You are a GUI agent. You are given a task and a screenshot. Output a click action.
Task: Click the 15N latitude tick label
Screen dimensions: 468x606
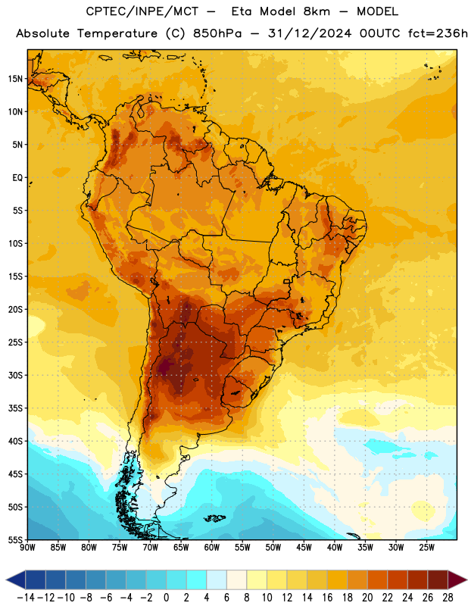(15, 79)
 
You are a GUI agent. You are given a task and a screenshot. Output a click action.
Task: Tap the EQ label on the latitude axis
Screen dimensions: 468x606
(17, 178)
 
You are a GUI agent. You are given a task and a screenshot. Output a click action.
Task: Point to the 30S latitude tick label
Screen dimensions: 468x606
(15, 375)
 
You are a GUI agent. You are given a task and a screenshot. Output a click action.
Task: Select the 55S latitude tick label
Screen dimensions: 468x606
(15, 540)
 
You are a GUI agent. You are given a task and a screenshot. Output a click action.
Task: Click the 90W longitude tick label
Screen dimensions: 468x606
(27, 548)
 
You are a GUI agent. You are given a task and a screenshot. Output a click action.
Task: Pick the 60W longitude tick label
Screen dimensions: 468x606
(212, 548)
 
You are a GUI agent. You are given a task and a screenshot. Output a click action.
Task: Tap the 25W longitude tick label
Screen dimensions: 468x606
(426, 548)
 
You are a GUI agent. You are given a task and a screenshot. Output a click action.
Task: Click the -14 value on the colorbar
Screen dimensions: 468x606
(26, 598)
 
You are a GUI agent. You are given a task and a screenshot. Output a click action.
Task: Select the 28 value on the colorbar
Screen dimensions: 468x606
(448, 598)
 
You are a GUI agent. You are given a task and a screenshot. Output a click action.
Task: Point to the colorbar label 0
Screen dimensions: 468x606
(166, 598)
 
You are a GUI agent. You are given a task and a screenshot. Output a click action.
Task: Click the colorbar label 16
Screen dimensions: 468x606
(327, 598)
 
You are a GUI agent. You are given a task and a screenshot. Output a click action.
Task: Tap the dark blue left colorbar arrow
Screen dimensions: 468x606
(15, 580)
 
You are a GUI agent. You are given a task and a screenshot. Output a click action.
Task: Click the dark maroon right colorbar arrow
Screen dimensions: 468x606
(457, 580)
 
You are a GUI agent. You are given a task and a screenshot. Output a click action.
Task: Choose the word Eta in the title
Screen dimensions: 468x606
(242, 11)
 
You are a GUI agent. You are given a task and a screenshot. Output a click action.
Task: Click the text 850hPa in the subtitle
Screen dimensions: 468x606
(217, 33)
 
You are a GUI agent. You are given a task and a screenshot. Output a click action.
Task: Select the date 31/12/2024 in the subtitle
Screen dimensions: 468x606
(310, 33)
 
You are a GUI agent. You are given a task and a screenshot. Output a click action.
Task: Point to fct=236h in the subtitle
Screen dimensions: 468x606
(438, 33)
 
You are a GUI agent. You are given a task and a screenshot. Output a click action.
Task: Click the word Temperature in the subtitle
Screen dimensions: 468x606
(117, 34)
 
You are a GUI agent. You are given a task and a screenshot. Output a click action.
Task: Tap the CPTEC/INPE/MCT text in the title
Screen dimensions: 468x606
(142, 11)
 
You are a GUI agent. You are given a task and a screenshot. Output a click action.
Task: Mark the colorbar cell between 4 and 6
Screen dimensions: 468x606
(217, 580)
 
